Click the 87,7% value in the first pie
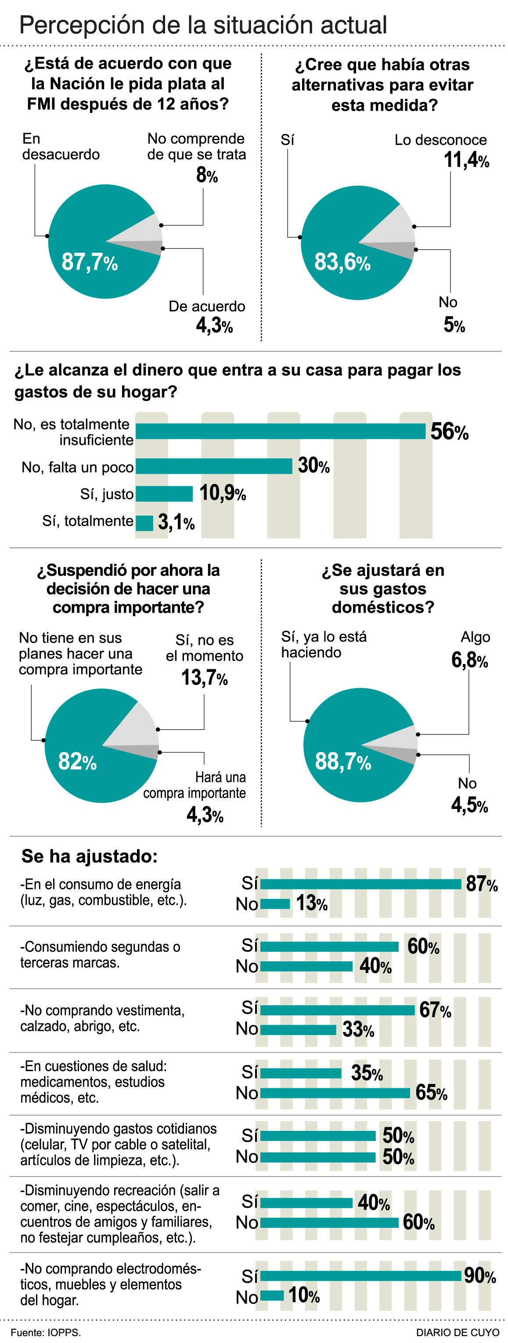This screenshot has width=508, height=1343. point(90,262)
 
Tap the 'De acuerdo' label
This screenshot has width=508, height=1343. point(207,307)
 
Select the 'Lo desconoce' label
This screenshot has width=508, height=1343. point(440,140)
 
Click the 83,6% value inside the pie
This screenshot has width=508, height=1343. point(342,262)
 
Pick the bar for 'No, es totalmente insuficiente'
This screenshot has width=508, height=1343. point(280,431)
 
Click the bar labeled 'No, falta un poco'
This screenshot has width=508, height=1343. point(214,466)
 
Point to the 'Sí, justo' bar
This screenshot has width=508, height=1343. point(164,494)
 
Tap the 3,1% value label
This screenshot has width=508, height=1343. point(176,522)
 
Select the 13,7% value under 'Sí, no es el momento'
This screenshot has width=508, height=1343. point(204,678)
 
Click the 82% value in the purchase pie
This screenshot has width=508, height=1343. point(77,762)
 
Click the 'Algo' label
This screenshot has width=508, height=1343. point(475,637)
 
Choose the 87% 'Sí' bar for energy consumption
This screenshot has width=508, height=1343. point(360,884)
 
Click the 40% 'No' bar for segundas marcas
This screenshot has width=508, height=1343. point(306,966)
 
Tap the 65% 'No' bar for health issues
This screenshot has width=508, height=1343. point(335,1093)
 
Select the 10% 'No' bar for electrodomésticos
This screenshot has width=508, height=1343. point(272,1295)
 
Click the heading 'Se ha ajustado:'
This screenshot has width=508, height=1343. point(89,856)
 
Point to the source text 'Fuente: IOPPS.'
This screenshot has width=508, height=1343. point(45,1332)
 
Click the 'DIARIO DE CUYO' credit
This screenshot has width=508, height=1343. point(458,1332)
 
